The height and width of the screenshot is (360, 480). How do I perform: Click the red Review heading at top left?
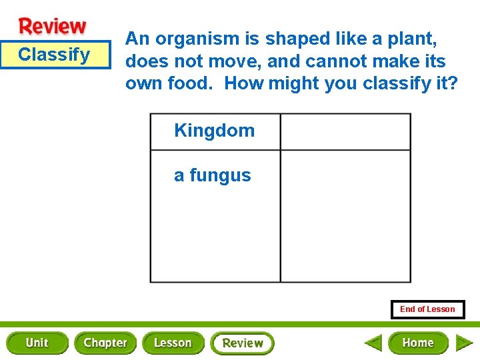coord(53,27)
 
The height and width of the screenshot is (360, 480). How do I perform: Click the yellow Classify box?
coord(55,55)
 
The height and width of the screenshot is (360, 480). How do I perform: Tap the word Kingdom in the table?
coord(214,131)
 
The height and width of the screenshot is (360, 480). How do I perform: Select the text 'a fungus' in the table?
coord(212,175)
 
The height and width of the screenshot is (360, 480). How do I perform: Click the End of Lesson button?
coord(427,309)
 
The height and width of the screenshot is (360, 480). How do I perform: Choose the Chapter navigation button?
coord(105,343)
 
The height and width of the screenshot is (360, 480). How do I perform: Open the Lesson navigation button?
coord(173,343)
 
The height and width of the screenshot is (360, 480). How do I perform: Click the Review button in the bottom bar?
coord(242,343)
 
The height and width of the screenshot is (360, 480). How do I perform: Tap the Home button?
coord(418,343)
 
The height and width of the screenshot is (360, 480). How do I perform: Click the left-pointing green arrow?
coord(373,343)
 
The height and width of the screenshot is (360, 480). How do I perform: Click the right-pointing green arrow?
coord(464,343)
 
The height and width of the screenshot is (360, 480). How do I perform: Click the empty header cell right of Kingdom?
coord(345,131)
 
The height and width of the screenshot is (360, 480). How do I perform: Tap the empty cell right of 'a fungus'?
coord(345,215)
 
